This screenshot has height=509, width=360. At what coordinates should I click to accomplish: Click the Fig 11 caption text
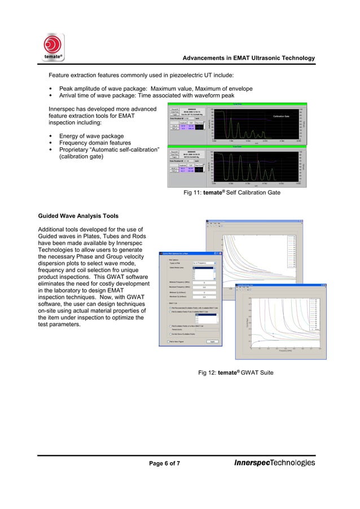[232, 193]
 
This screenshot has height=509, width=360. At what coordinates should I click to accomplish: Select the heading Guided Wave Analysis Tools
[78, 216]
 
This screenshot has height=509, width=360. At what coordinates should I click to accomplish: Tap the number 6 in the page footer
[163, 463]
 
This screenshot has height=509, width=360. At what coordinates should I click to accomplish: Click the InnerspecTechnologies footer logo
[274, 463]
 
